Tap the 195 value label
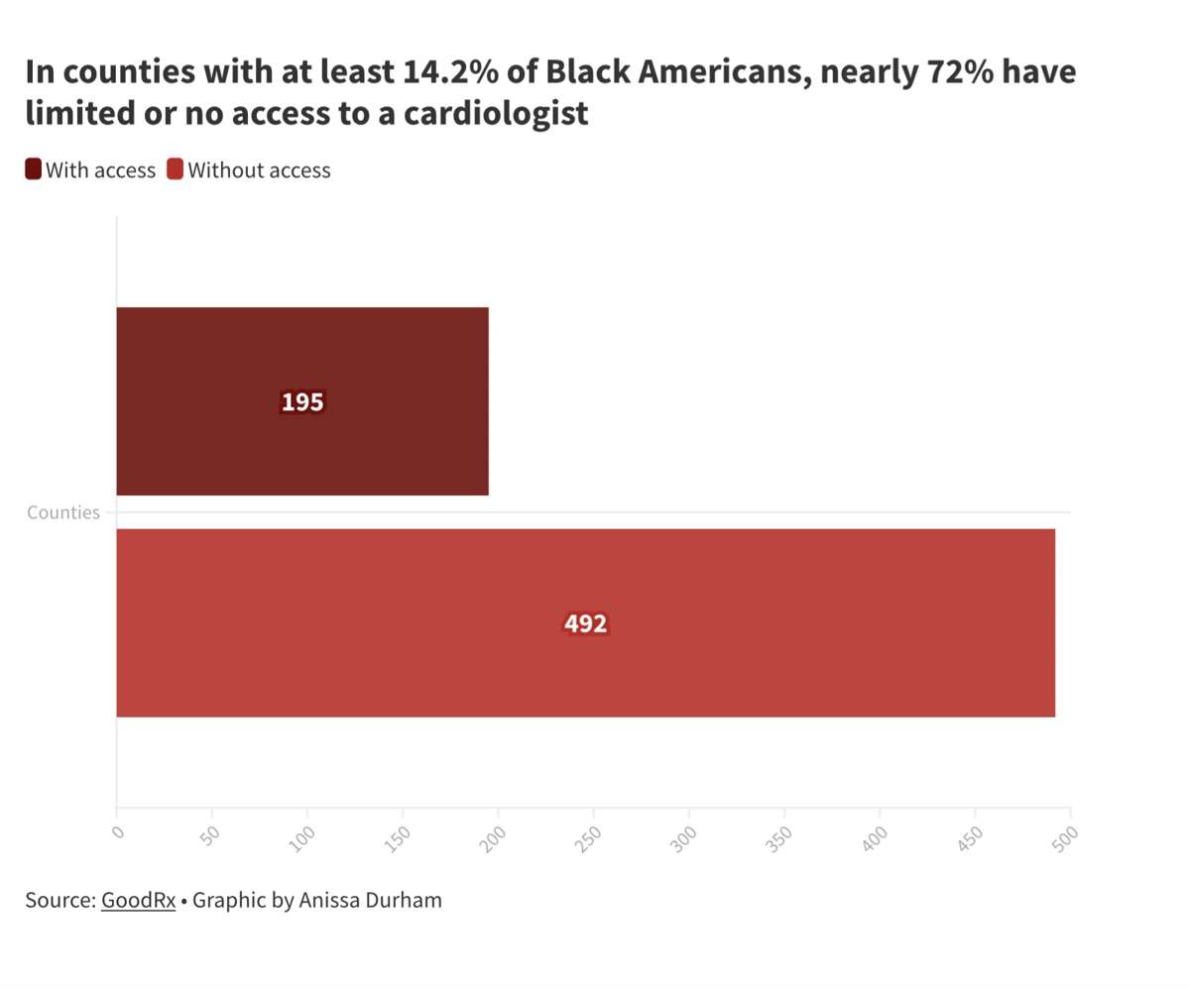click(302, 402)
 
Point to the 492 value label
click(585, 624)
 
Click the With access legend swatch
click(34, 169)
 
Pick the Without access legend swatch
click(176, 169)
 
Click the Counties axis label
click(63, 512)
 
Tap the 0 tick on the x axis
click(118, 832)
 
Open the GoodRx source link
click(138, 901)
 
